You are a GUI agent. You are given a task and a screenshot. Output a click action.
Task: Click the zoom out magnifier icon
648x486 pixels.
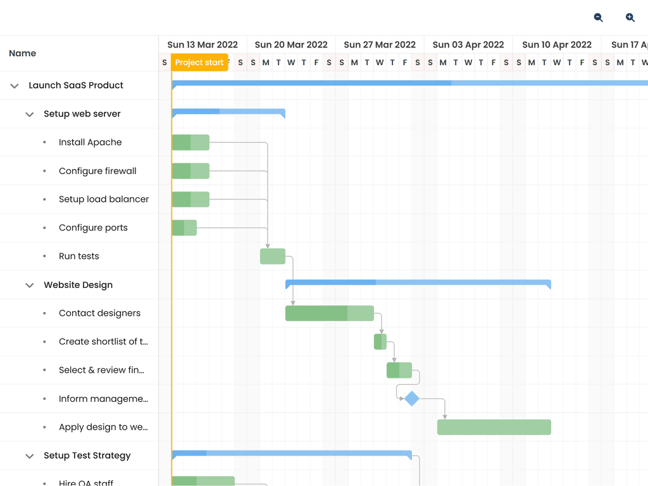pyautogui.click(x=598, y=18)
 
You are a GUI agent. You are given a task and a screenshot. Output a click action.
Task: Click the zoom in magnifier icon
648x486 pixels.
pyautogui.click(x=630, y=18)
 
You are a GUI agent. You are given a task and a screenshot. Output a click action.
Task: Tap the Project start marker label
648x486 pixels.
pyautogui.click(x=199, y=63)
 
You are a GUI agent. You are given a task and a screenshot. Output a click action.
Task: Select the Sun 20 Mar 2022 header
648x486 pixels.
pyautogui.click(x=291, y=45)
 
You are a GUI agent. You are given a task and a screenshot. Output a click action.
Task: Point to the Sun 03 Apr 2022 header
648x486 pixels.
pyautogui.click(x=468, y=45)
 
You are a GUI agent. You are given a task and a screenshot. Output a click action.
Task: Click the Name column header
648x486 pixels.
pyautogui.click(x=23, y=53)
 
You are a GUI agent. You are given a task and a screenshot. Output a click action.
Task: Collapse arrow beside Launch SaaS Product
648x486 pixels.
pyautogui.click(x=15, y=85)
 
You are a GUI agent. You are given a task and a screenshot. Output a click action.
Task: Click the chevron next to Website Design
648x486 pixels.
pyautogui.click(x=29, y=285)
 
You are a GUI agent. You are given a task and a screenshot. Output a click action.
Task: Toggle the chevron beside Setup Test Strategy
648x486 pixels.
pyautogui.click(x=29, y=456)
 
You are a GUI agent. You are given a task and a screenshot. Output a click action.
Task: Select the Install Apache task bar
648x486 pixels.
pyautogui.click(x=190, y=142)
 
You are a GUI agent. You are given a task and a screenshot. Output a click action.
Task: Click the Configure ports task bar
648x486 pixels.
pyautogui.click(x=184, y=228)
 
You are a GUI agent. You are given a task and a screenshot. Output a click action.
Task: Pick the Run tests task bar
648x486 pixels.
pyautogui.click(x=273, y=256)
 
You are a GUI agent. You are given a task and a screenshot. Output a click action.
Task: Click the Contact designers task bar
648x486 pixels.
pyautogui.click(x=329, y=313)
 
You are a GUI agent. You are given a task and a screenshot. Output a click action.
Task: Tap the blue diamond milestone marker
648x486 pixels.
pyautogui.click(x=412, y=399)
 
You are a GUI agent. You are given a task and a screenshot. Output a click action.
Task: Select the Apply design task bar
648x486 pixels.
pyautogui.click(x=494, y=427)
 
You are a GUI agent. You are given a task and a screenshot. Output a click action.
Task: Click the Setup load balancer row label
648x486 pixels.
pyautogui.click(x=104, y=199)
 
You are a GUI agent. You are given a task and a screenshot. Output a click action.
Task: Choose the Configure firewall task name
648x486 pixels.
pyautogui.click(x=97, y=171)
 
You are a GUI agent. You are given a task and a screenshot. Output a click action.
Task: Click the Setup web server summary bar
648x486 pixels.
pyautogui.click(x=228, y=112)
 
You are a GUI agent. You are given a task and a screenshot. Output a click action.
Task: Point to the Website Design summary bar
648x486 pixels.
pyautogui.click(x=418, y=282)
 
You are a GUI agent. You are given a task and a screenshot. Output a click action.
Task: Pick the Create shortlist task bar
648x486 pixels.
pyautogui.click(x=380, y=342)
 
